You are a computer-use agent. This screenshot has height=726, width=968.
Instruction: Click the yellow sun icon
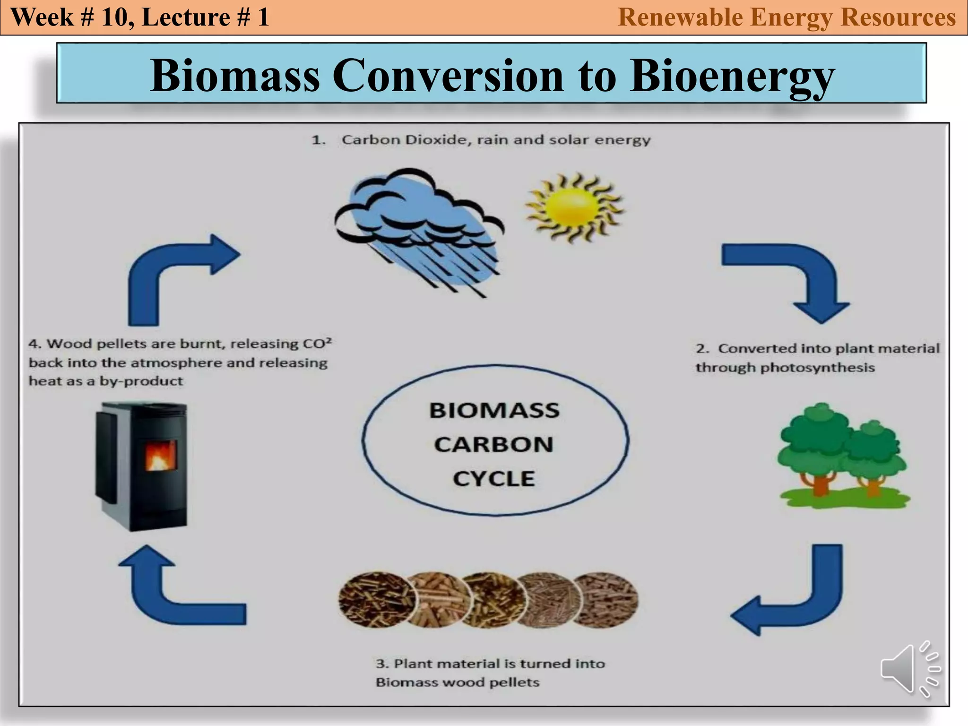[x=574, y=207]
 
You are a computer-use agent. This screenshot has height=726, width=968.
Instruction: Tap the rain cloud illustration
[x=418, y=227]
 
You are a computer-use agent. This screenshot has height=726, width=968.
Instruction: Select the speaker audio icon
[x=909, y=668]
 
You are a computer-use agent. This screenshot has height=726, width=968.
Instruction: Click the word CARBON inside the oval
[x=493, y=445]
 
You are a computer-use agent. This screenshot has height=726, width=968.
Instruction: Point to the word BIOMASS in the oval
[x=494, y=410]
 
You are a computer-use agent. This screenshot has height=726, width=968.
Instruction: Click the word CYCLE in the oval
[x=493, y=479]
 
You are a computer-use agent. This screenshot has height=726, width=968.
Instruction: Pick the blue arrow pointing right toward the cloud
[x=175, y=274]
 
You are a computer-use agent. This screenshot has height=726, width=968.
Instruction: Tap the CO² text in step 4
[x=317, y=343]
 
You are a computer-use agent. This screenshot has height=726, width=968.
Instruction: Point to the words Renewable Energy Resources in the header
[x=786, y=17]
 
